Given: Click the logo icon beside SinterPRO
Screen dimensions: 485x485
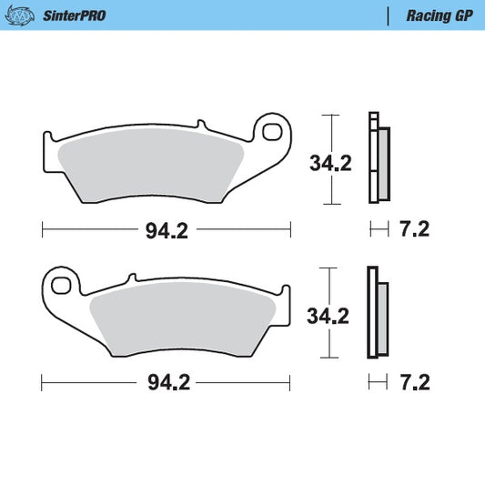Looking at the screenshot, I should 25,15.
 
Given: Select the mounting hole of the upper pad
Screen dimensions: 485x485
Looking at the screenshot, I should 271,133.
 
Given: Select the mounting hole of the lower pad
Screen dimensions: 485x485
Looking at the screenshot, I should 62,286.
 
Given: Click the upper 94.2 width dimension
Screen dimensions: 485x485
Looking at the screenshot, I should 167,231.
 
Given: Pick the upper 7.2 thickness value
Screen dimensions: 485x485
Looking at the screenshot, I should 414,230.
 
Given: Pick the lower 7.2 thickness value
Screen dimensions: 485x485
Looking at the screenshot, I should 414,383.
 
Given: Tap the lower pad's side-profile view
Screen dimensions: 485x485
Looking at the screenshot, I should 378,312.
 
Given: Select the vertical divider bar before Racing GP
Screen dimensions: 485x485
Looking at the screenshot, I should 389,15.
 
